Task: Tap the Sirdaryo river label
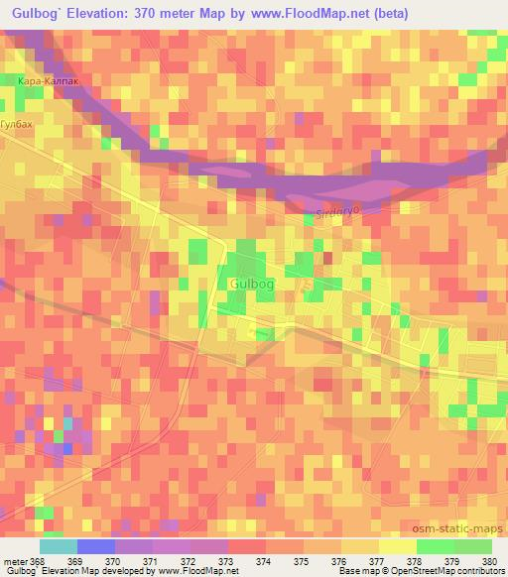point(334,211)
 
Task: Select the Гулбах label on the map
point(18,124)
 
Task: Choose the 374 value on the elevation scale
point(264,561)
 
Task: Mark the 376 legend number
point(337,561)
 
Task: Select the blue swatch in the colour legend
point(95,546)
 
